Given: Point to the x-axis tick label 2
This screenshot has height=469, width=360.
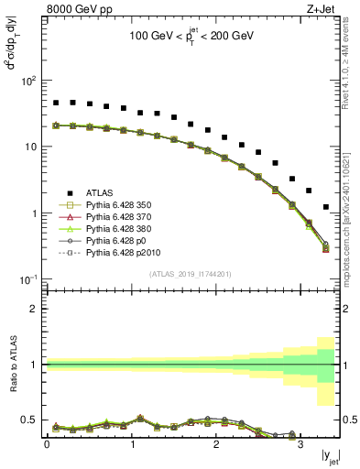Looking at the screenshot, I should (216, 445).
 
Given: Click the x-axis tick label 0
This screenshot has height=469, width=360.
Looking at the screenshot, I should (47, 445).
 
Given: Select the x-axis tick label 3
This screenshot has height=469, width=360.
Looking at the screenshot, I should (300, 445).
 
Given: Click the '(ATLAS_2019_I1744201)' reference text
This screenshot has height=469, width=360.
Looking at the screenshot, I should (191, 275).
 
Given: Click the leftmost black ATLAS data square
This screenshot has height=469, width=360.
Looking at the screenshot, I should (56, 104).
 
